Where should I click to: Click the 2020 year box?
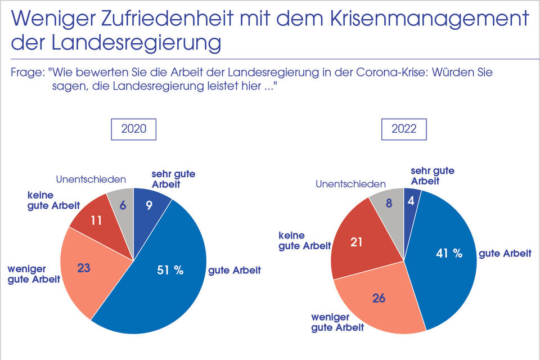(x=133, y=129)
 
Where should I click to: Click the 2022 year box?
(x=403, y=129)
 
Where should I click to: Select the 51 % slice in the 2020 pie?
(x=169, y=276)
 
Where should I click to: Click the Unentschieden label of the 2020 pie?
(x=91, y=180)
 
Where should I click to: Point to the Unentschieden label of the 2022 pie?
(x=350, y=184)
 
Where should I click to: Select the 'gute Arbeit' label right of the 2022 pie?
(x=505, y=254)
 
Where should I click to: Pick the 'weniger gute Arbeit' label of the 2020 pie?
(x=34, y=275)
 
